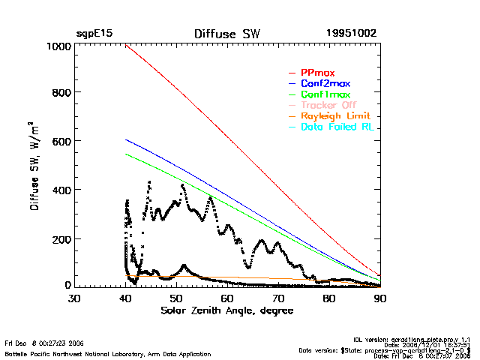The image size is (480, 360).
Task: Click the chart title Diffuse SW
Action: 226,34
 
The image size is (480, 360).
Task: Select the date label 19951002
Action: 351,34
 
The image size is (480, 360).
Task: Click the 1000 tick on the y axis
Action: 57,46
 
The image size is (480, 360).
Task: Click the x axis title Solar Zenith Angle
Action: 227,310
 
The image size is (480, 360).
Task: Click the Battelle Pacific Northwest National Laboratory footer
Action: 108,354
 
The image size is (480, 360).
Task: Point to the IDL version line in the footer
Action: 422,340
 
